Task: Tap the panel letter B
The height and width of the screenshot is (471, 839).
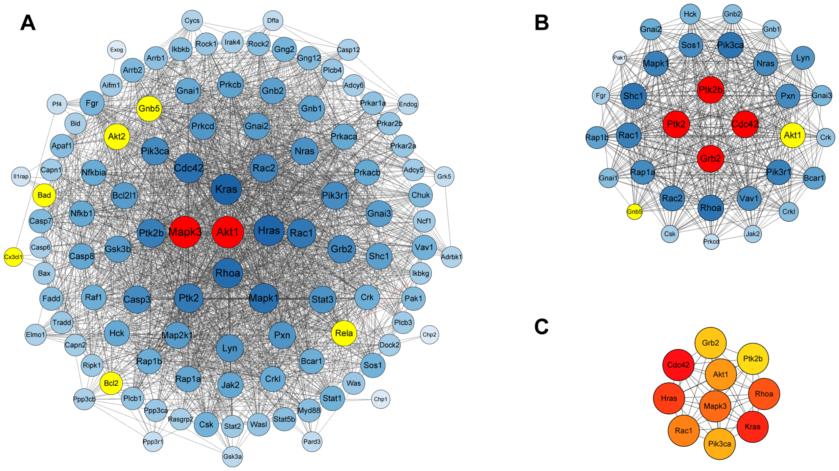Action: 542,23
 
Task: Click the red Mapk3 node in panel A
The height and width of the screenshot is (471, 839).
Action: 185,232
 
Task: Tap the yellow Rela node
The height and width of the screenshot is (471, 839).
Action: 344,333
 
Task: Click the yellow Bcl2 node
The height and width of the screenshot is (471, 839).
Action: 111,383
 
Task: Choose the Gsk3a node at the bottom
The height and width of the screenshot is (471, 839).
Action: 232,456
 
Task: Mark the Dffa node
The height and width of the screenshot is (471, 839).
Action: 273,20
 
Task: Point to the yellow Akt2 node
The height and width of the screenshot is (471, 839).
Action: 117,137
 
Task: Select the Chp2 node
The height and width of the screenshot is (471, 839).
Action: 429,335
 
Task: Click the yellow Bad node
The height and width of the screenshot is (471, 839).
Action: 44,195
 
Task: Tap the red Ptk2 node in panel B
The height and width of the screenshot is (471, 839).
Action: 676,124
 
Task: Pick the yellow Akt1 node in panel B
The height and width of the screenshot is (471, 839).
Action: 792,135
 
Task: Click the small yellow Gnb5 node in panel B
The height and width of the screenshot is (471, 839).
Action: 634,212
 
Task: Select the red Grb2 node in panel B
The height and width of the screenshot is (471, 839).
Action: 710,159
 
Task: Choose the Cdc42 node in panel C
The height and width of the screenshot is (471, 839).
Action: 678,365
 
